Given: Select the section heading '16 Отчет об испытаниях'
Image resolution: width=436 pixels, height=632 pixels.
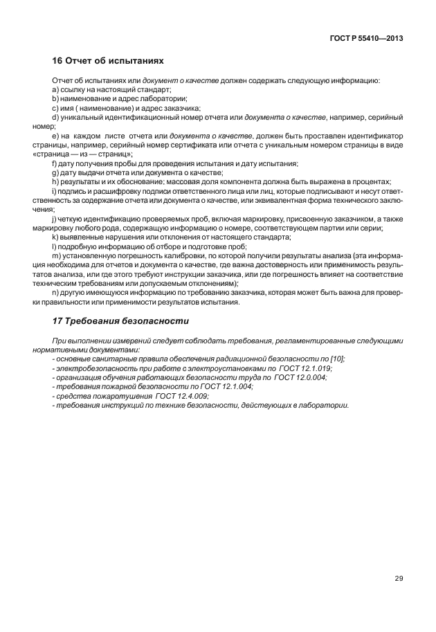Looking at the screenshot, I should (x=109, y=61).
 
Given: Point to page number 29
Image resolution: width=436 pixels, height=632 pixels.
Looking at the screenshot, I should (x=398, y=578).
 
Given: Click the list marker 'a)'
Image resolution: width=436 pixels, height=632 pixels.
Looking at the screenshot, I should (x=56, y=90).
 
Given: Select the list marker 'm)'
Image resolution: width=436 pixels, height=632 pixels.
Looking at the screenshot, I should (x=57, y=256).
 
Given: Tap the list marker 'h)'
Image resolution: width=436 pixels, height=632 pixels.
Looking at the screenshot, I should (x=56, y=181).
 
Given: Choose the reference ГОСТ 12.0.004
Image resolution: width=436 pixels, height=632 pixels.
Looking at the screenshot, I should (x=305, y=377).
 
